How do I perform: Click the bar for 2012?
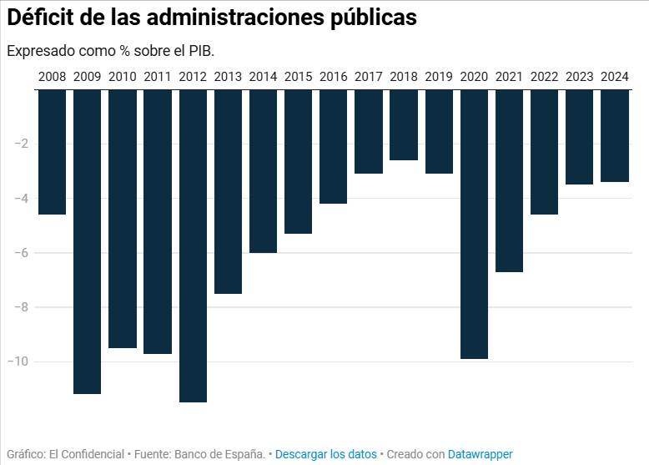[193, 245]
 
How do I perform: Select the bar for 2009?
[88, 241]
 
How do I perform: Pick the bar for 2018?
[404, 124]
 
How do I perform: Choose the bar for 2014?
[263, 171]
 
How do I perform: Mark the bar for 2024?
[615, 135]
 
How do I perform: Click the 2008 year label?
[52, 77]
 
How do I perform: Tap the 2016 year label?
[333, 77]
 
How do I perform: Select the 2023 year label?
[580, 77]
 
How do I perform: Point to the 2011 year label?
[158, 77]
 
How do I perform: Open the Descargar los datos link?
[325, 454]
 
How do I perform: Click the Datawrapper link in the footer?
[480, 454]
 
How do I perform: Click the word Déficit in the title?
[43, 18]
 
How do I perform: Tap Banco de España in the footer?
[220, 454]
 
